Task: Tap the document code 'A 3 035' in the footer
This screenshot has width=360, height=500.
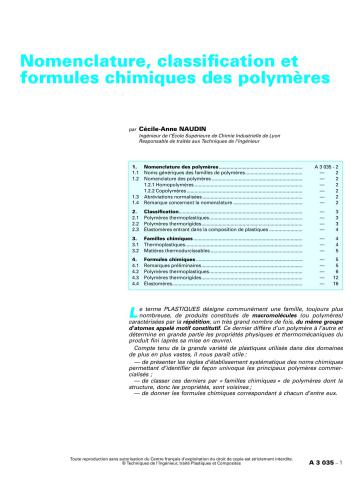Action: tap(321, 490)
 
